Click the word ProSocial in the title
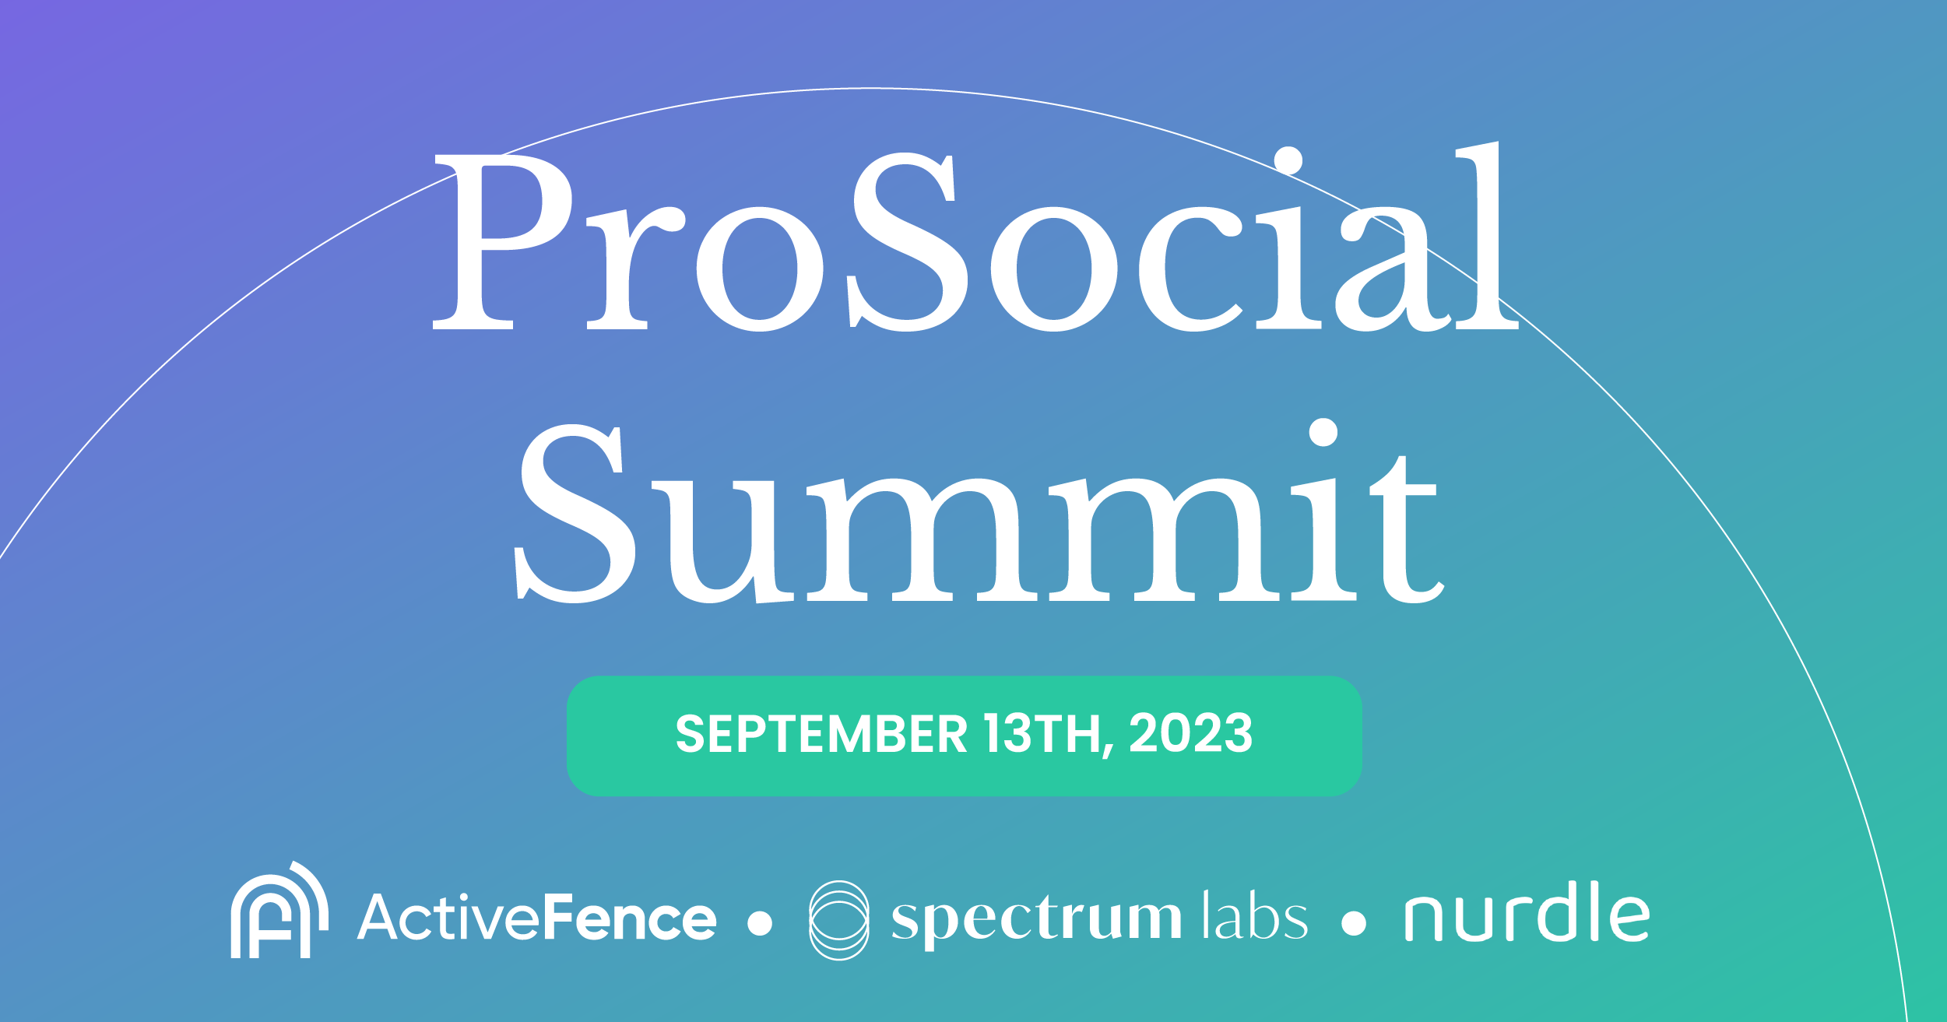(975, 241)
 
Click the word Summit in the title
(979, 514)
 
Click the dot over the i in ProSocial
(1288, 161)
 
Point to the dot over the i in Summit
(1323, 433)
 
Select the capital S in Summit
(575, 514)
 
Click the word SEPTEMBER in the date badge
(821, 733)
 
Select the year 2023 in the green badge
(1191, 733)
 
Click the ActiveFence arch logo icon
(279, 912)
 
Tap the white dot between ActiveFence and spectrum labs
(759, 923)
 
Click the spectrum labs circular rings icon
(838, 920)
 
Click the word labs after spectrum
(1255, 915)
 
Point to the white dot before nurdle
(1354, 923)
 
